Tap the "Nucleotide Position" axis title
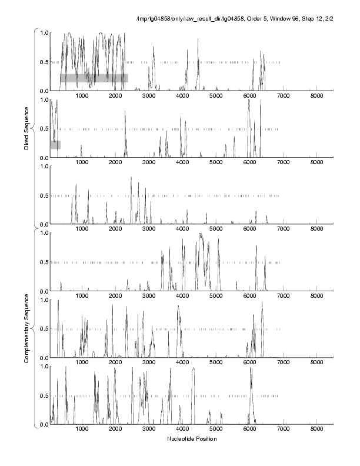coord(192,439)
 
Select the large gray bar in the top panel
coord(94,78)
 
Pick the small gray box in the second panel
coord(55,145)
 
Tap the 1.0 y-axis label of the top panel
coord(43,32)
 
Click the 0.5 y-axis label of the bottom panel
coord(43,396)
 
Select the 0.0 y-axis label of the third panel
coord(43,225)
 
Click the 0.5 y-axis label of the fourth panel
coord(43,262)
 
